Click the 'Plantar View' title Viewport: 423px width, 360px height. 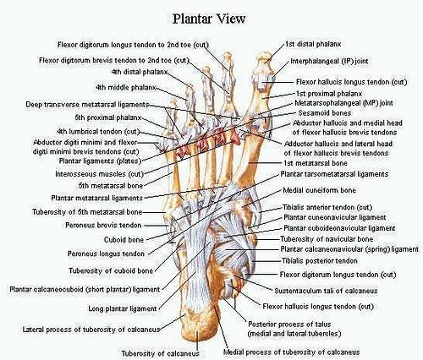209,19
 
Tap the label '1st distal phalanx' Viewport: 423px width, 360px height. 313,44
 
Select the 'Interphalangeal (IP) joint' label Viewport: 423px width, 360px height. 329,62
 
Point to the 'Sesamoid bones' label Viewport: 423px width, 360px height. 325,113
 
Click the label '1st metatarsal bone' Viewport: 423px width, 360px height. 316,163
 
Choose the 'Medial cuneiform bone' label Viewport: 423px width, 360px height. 319,190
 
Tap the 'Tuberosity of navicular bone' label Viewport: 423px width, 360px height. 327,239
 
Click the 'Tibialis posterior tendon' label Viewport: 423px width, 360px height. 320,261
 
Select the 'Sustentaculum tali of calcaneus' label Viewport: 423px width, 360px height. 326,291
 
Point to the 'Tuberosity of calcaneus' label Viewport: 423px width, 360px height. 160,353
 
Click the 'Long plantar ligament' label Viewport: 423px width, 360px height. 123,308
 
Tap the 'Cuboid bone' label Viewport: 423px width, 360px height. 124,240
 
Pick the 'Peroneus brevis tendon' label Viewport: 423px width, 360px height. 103,226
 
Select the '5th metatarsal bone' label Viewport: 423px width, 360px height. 111,186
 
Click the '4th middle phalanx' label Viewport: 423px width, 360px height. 125,88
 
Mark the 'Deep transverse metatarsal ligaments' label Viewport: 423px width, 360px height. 87,105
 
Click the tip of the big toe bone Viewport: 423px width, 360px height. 264,52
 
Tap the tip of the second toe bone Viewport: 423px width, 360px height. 227,53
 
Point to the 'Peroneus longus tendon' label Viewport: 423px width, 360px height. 106,254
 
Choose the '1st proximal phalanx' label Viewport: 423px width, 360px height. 329,94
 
